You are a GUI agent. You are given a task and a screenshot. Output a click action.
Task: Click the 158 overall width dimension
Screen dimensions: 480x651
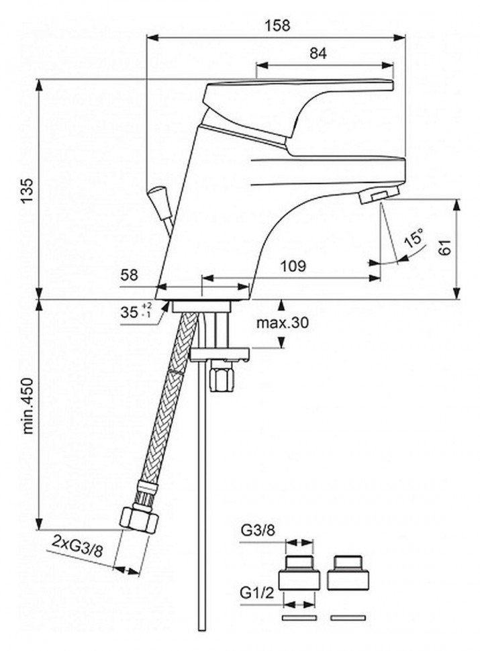pos(277,26)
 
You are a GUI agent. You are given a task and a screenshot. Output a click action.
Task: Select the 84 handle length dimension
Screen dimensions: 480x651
pos(318,53)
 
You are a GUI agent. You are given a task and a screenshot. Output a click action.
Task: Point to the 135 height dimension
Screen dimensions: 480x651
pos(28,191)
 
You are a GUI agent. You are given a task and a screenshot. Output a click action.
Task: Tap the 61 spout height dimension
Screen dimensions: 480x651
pos(445,248)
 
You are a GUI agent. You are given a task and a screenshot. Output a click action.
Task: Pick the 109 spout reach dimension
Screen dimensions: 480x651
pos(293,266)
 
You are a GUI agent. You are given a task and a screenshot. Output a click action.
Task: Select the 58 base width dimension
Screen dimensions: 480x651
pos(129,275)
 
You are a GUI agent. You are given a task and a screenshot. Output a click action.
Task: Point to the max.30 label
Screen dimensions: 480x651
pos(283,322)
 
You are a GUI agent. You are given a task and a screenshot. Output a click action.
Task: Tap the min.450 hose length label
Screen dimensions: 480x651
pos(28,405)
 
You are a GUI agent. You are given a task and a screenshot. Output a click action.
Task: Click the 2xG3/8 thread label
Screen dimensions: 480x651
pos(78,546)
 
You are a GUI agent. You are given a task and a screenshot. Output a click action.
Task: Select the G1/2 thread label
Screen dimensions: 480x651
pos(257,593)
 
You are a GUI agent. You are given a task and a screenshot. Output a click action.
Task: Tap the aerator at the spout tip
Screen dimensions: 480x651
pos(380,195)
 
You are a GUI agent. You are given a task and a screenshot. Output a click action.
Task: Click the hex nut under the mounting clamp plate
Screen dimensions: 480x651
pos(222,376)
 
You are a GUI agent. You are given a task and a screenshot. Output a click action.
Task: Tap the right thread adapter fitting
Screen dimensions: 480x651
pos(348,572)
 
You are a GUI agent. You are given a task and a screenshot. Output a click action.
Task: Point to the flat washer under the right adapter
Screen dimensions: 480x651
pos(348,618)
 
